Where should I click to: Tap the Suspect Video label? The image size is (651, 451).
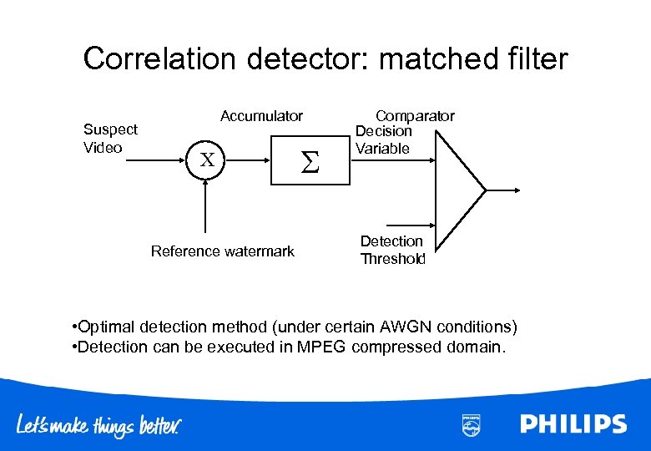(x=110, y=139)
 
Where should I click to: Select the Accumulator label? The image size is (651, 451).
(x=261, y=116)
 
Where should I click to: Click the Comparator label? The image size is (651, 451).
(x=415, y=116)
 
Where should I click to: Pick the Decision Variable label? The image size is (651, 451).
(x=383, y=140)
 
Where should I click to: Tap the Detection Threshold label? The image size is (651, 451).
(x=392, y=250)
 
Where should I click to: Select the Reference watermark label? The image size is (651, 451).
(x=222, y=251)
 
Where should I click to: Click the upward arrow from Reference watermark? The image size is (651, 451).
(x=205, y=205)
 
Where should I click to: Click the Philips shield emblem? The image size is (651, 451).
(x=471, y=424)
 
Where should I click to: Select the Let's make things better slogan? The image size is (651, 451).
(x=100, y=425)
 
